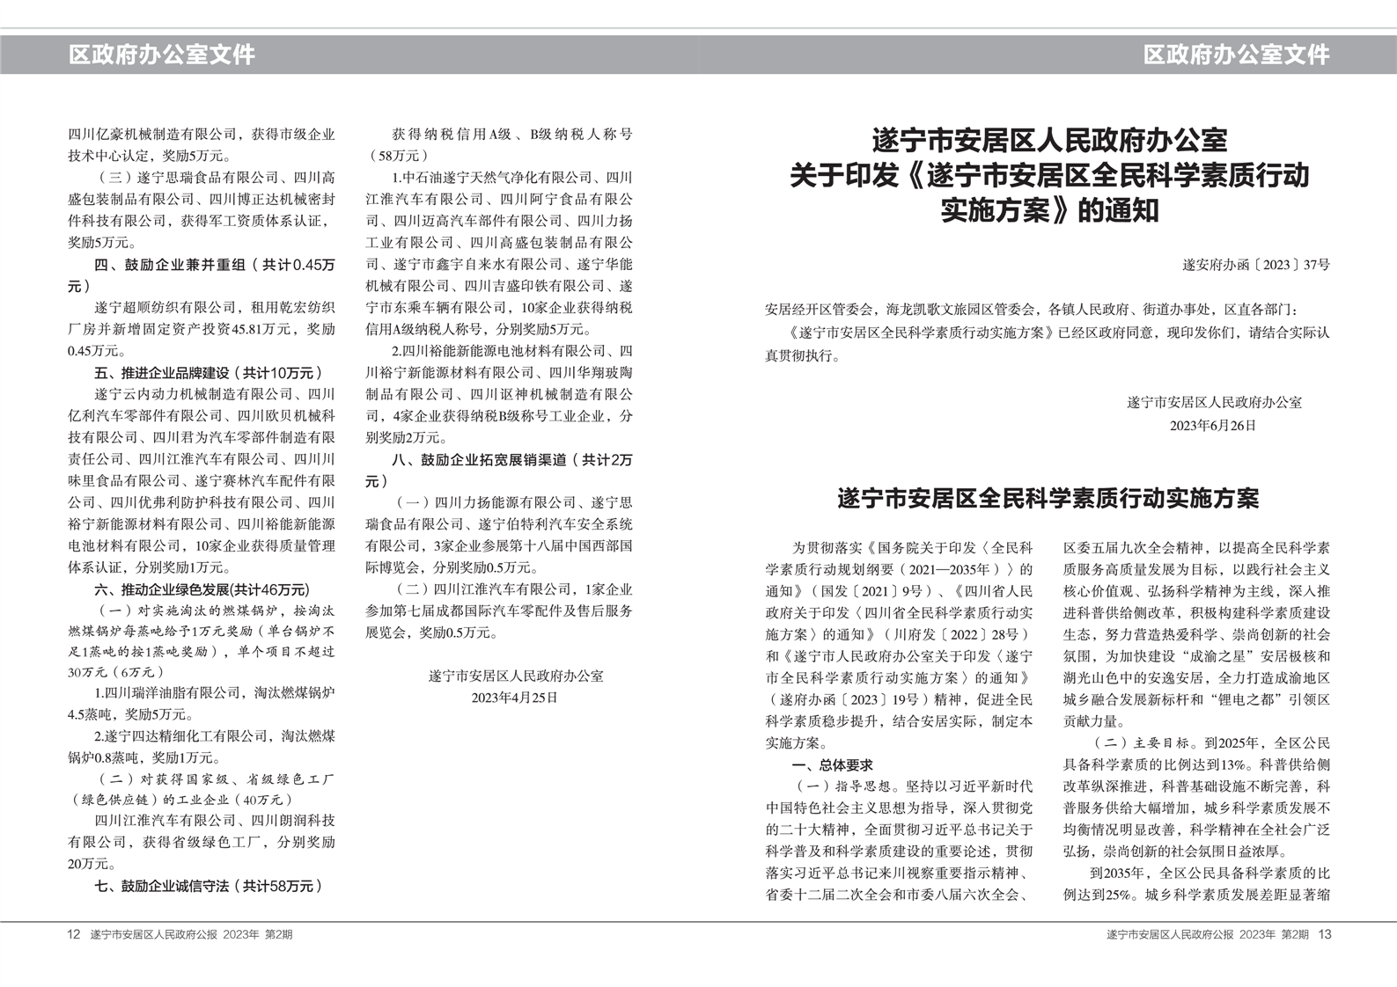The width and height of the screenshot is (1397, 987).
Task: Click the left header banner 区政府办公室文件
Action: tap(162, 55)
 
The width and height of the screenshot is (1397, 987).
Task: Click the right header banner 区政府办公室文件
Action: tap(1236, 55)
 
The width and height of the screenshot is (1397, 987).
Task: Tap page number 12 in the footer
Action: tap(74, 934)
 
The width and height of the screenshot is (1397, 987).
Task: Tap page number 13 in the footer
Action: tap(1325, 934)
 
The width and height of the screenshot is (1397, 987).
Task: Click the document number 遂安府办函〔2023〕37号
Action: tap(1256, 264)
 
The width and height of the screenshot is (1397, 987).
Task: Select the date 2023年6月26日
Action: tap(1213, 426)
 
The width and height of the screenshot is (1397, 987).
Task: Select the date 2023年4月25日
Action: tap(515, 698)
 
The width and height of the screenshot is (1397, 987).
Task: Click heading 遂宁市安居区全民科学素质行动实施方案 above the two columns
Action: tap(1048, 499)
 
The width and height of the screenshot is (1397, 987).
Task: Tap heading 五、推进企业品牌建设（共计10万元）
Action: tap(209, 373)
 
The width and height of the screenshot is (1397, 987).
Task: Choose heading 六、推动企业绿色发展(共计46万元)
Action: tap(202, 589)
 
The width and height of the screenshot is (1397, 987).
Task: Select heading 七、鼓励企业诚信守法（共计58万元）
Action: tap(209, 886)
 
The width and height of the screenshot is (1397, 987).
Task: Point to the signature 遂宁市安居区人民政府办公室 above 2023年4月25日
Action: tap(515, 676)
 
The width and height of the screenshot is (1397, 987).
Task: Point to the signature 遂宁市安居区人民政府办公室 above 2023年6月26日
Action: tap(1214, 403)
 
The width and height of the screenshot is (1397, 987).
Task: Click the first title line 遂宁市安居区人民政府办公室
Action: tap(1048, 140)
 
